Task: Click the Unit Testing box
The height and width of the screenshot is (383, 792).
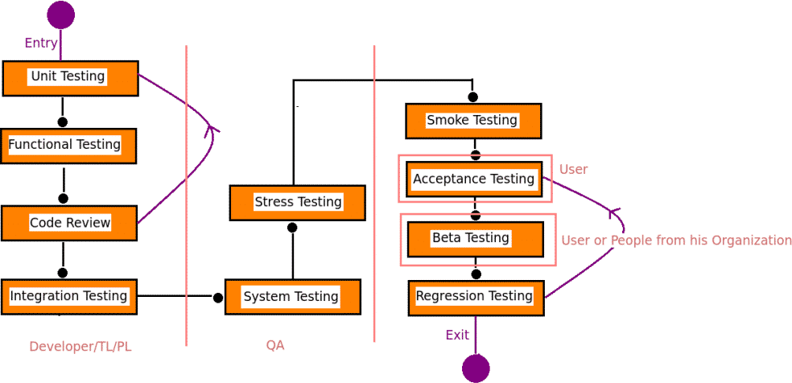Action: point(70,78)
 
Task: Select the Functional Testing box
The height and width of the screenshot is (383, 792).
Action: point(68,146)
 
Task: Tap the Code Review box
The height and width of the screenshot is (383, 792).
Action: point(69,223)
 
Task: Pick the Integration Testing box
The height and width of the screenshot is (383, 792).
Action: point(68,297)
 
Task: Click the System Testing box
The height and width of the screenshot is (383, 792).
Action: point(292,297)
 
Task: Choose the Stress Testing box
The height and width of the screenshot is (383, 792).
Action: point(297,202)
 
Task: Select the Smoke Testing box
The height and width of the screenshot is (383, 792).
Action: point(472,121)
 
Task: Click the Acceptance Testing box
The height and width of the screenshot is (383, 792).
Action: point(474,179)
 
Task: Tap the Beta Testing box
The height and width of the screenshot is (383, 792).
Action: point(475,239)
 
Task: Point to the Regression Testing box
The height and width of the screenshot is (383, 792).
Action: point(476,297)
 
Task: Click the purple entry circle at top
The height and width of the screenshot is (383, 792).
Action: point(60,14)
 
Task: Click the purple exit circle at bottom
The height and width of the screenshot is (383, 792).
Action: point(476,369)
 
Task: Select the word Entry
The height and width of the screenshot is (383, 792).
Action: point(41,43)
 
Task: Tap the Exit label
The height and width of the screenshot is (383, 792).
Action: point(457,335)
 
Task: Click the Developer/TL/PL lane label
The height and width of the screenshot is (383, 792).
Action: point(80,347)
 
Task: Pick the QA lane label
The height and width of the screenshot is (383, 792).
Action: point(275,345)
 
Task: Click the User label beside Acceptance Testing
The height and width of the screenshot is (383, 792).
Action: point(574,169)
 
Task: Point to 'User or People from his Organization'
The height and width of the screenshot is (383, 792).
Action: point(676,240)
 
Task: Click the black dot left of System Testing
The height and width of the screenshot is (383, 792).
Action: point(218,298)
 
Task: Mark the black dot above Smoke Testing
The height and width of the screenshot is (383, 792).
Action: point(472,97)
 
